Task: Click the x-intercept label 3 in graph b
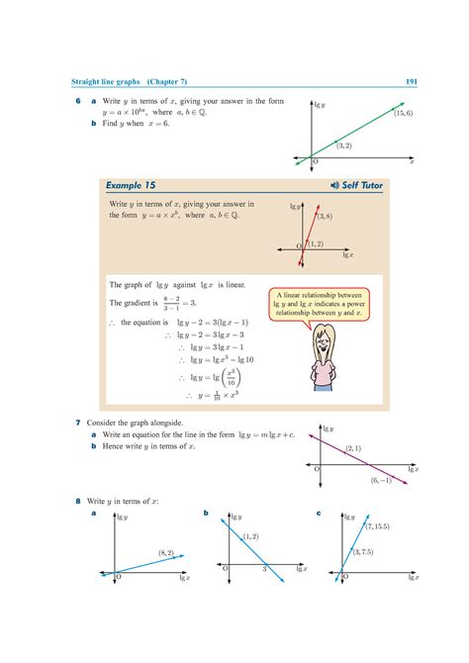tap(264, 570)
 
